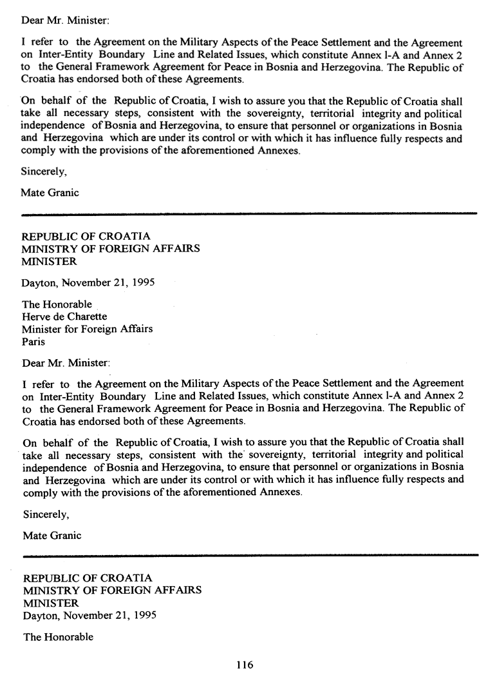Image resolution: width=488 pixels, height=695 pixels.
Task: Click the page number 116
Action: click(x=245, y=665)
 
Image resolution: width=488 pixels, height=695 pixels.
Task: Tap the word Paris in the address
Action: click(x=33, y=342)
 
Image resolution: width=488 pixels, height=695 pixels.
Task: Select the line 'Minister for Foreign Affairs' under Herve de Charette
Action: click(x=88, y=329)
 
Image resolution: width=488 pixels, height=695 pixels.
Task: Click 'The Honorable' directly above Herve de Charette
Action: click(x=57, y=304)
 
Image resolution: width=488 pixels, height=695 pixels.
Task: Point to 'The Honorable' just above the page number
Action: click(x=58, y=637)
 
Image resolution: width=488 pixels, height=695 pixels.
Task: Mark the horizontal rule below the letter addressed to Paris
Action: click(x=251, y=554)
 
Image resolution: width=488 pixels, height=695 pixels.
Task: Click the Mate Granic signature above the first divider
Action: click(x=50, y=193)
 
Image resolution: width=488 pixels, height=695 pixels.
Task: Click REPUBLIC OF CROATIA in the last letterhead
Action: click(x=88, y=578)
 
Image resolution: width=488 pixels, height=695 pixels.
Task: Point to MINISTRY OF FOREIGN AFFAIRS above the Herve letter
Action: click(x=111, y=248)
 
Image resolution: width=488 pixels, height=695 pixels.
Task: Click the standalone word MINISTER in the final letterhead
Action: click(x=51, y=603)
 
